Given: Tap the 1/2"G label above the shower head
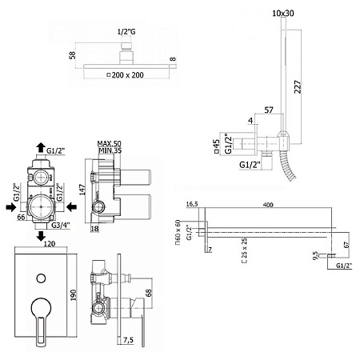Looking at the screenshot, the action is click(x=126, y=32).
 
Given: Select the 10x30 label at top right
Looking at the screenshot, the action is click(x=283, y=13).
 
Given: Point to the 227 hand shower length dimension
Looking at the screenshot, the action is click(x=298, y=86).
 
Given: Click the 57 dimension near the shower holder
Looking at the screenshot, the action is click(x=269, y=110).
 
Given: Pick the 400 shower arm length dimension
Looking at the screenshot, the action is click(x=268, y=205).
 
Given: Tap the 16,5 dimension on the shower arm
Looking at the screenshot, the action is click(x=192, y=204).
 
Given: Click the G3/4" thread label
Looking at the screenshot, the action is click(x=61, y=226).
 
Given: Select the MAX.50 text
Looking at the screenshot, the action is click(x=109, y=144).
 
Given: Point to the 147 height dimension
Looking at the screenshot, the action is click(x=82, y=190).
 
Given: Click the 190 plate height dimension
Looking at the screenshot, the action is click(x=73, y=295).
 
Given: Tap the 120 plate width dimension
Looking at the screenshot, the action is click(x=50, y=244).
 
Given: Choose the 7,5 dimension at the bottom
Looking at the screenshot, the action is click(x=128, y=340).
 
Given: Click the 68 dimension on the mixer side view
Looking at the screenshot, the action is click(x=149, y=293).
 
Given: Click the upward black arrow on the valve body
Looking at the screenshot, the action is click(x=41, y=147).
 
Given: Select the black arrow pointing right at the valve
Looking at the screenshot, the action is click(x=11, y=207).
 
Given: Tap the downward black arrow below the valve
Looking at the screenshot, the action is click(x=41, y=236).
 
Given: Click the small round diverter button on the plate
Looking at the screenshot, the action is click(x=41, y=278).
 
